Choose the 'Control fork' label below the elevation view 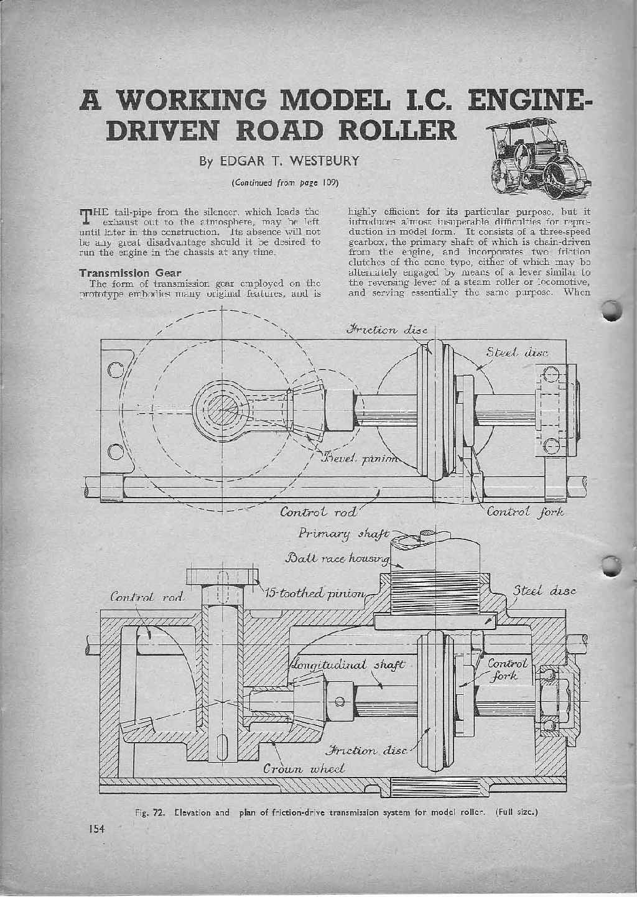(526, 513)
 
